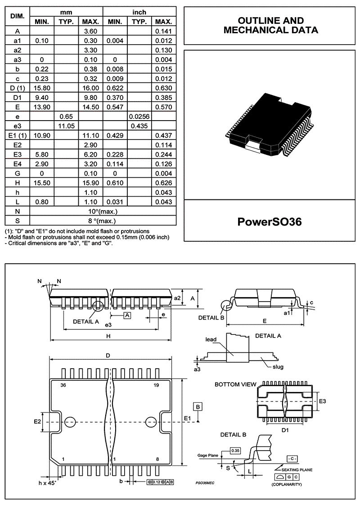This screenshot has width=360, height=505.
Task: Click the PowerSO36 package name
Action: click(x=269, y=222)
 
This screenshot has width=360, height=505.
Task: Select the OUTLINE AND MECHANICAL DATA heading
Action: click(x=270, y=26)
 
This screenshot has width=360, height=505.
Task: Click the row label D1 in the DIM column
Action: click(x=17, y=97)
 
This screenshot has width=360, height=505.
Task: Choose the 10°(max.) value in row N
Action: click(x=103, y=211)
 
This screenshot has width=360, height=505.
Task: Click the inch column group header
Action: click(x=139, y=12)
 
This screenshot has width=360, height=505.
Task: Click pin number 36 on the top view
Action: click(x=63, y=385)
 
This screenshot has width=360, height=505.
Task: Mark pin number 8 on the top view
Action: click(x=157, y=459)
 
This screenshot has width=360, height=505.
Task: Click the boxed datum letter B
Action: click(x=198, y=406)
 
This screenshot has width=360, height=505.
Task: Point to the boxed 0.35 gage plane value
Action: click(x=235, y=450)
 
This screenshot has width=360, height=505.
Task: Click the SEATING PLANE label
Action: click(x=297, y=469)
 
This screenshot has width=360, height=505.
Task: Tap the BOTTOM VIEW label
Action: click(x=235, y=385)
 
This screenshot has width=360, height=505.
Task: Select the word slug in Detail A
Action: click(x=278, y=367)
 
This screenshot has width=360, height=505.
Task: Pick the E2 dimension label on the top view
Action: click(x=38, y=422)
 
